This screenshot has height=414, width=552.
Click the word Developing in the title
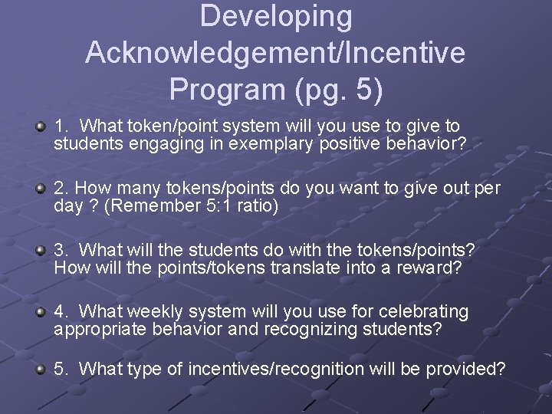coord(276,17)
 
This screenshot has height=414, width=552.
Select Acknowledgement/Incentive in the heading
coord(275,53)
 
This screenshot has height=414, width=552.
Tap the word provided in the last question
coord(465,370)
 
